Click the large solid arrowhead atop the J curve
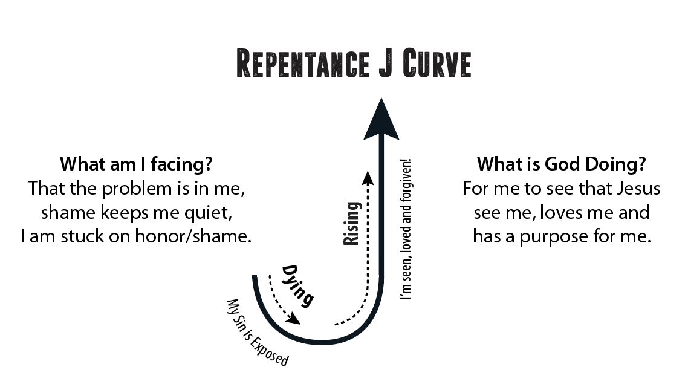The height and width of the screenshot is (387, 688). (x=381, y=119)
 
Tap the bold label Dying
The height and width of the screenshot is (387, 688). (x=297, y=285)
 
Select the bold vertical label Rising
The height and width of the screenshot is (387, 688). (x=351, y=224)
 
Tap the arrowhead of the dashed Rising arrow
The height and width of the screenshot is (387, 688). (x=366, y=176)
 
